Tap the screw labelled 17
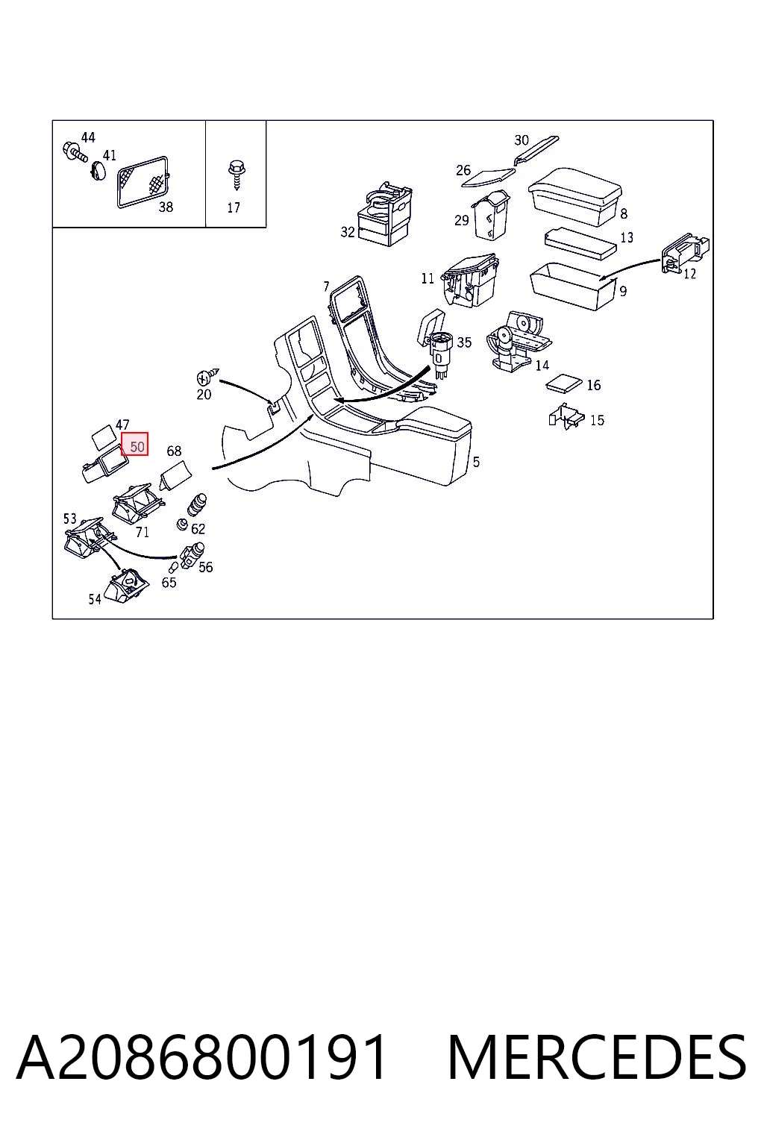(x=236, y=175)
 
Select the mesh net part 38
(x=143, y=182)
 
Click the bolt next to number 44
(x=74, y=152)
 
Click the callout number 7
(x=327, y=286)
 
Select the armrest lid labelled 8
(x=575, y=196)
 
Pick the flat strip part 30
(x=536, y=151)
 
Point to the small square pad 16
(x=564, y=383)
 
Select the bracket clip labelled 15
(x=566, y=417)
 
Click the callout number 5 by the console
(x=476, y=463)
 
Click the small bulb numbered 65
(x=174, y=567)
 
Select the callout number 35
(x=464, y=342)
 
